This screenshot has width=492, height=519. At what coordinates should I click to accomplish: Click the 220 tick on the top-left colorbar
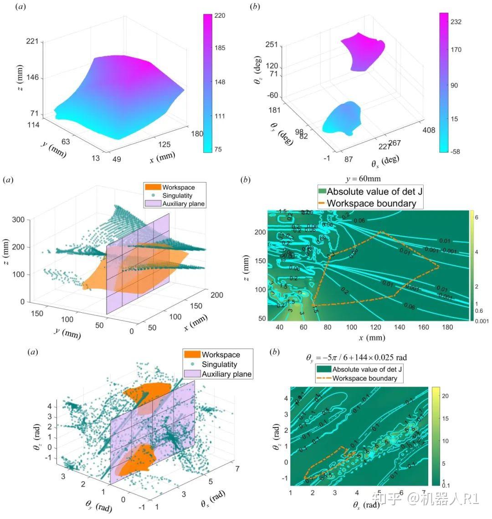220,15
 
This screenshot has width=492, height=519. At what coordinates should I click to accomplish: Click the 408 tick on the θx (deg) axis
429,130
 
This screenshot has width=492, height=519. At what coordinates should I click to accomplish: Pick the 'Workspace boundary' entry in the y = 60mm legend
371,203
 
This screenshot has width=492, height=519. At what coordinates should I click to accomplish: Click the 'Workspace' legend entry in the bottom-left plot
221,355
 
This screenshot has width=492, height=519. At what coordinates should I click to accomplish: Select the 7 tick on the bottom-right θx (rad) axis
424,493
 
